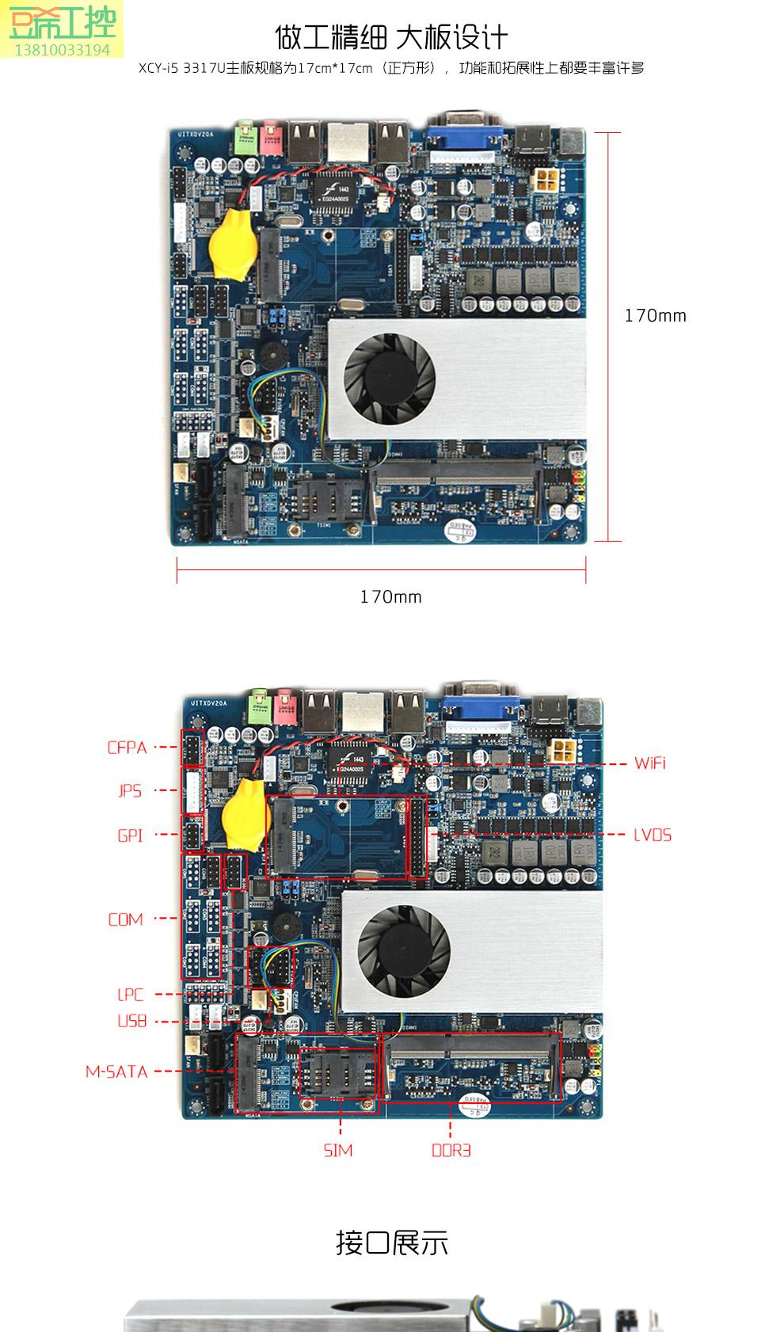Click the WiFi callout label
(x=649, y=763)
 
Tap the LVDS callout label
(x=652, y=835)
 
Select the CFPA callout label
(x=127, y=748)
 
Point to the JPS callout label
(x=130, y=790)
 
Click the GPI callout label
(x=130, y=835)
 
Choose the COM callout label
(x=125, y=919)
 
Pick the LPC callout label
(x=130, y=995)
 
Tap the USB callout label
(x=131, y=1022)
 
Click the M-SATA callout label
(x=116, y=1072)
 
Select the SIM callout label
(x=338, y=1150)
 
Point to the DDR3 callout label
(x=451, y=1150)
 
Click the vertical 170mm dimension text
(x=655, y=315)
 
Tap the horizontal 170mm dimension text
(x=390, y=596)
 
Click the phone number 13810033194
(x=63, y=50)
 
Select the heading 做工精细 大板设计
(x=391, y=37)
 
